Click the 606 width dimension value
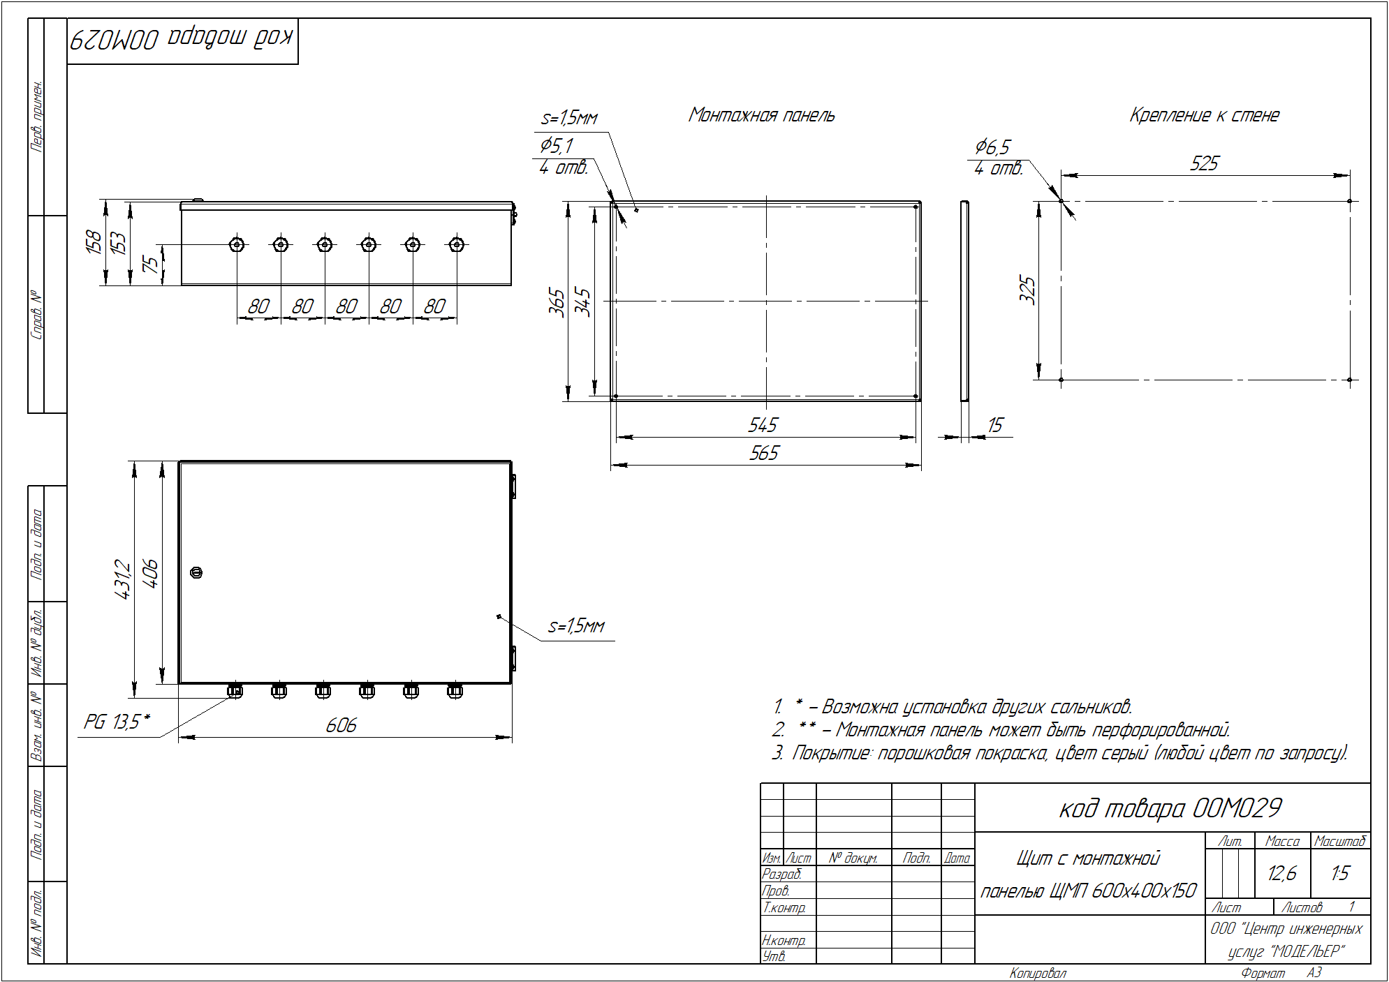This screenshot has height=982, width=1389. (341, 725)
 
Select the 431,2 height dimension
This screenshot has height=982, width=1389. (122, 579)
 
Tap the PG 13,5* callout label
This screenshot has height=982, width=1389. (117, 721)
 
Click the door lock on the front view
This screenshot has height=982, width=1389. (196, 572)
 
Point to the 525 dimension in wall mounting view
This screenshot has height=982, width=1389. (1204, 163)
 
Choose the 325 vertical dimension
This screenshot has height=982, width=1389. (1027, 290)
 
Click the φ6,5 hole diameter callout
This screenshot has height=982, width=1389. (992, 147)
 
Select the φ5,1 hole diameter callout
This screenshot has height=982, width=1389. (556, 145)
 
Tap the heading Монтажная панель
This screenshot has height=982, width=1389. (761, 115)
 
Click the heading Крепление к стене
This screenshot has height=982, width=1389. (1204, 115)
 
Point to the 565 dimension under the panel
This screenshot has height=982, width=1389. (763, 453)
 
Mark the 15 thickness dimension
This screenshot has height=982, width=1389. (995, 425)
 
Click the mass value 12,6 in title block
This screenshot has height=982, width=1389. (1282, 873)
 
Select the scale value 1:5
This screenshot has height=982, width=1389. (1340, 873)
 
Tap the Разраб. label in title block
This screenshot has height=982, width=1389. (781, 874)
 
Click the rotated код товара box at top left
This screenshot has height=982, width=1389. (183, 41)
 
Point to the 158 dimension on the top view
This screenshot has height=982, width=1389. (93, 241)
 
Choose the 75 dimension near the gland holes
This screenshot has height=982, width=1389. (149, 264)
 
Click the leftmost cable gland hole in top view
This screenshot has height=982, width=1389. (237, 244)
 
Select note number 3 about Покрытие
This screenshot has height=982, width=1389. (1059, 753)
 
